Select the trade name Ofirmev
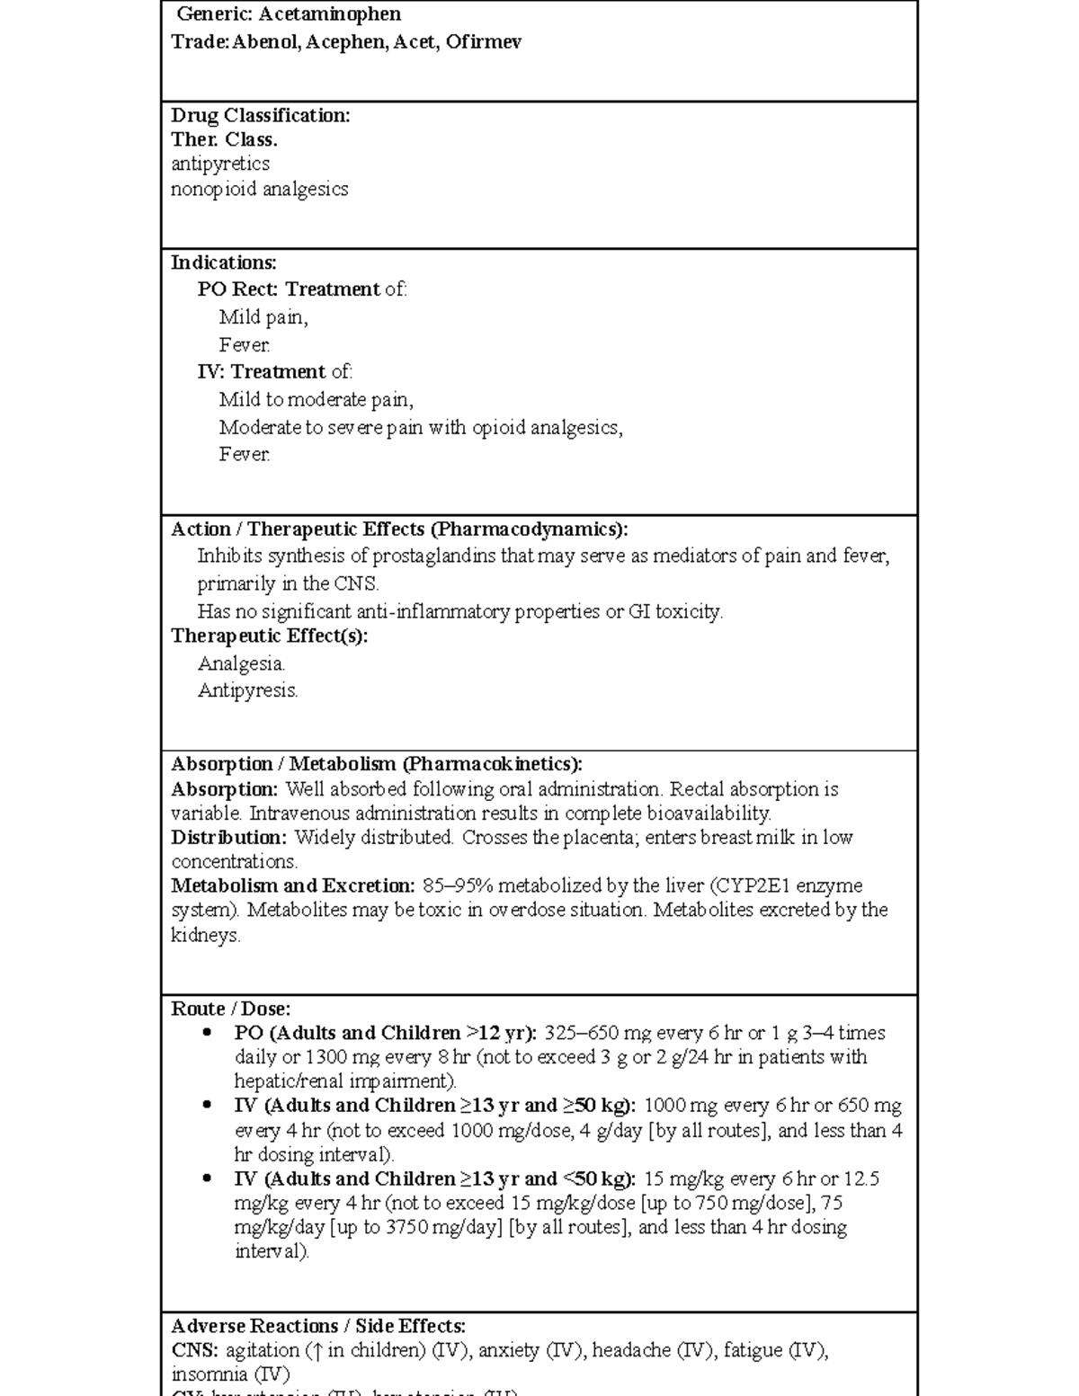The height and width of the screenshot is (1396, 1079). click(483, 42)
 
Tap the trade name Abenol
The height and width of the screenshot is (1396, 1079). click(265, 42)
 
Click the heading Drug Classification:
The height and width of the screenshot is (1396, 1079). click(261, 115)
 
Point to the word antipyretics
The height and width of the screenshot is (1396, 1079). click(220, 164)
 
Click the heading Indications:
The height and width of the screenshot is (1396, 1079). click(224, 262)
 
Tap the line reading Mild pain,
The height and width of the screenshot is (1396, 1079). click(263, 316)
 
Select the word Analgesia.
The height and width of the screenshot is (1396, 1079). click(241, 663)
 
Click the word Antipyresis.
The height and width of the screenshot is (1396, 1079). click(247, 690)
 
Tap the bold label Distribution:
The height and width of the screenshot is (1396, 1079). click(229, 837)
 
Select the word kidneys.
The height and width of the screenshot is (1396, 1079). click(205, 935)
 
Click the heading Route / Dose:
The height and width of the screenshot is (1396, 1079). click(231, 1009)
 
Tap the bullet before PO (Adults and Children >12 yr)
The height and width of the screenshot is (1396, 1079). click(208, 1033)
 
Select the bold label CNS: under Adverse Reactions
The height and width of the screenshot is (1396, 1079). click(194, 1350)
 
